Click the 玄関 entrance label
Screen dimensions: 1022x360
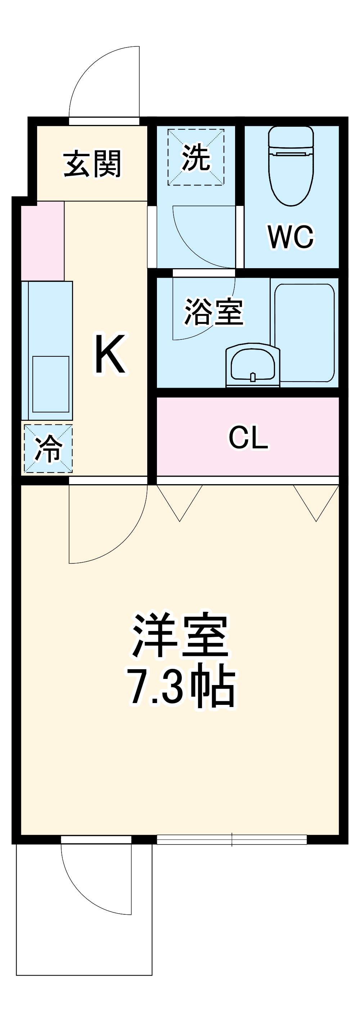pos(92,164)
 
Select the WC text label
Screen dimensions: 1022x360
pos(291,237)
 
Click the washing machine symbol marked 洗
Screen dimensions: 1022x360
pos(196,157)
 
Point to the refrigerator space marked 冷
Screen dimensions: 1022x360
pos(48,449)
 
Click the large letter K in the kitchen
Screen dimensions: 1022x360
pos(111,354)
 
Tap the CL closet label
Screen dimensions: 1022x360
pos(248,437)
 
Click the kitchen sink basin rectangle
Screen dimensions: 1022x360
pos(50,384)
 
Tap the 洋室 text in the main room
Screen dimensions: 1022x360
pos(181,636)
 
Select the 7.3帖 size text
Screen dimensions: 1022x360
pos(181,687)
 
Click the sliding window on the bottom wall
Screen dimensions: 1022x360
pos(232,839)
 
